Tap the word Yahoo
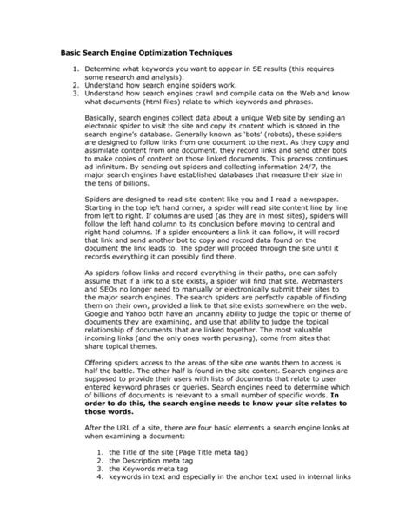point(141,319)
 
